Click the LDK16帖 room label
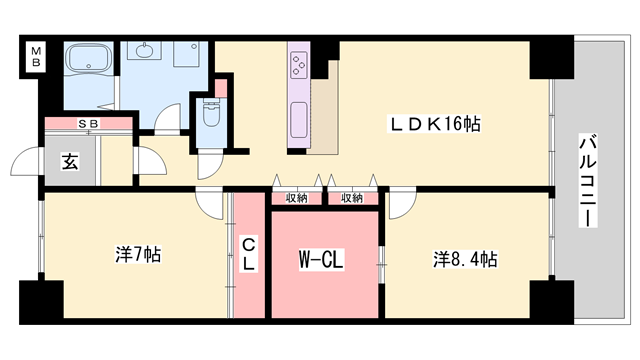click(434, 124)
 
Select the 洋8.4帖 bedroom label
click(465, 259)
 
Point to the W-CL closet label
click(321, 260)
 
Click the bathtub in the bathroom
click(90, 61)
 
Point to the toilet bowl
click(211, 118)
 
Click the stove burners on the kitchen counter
click(300, 65)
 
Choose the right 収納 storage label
click(351, 198)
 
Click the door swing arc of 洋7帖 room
click(209, 203)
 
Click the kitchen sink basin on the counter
click(298, 125)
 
